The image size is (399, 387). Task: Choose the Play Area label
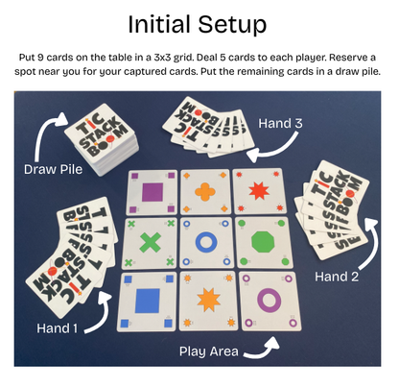(x=210, y=351)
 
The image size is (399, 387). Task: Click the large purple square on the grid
(x=152, y=192)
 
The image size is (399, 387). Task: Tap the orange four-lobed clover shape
(x=205, y=192)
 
